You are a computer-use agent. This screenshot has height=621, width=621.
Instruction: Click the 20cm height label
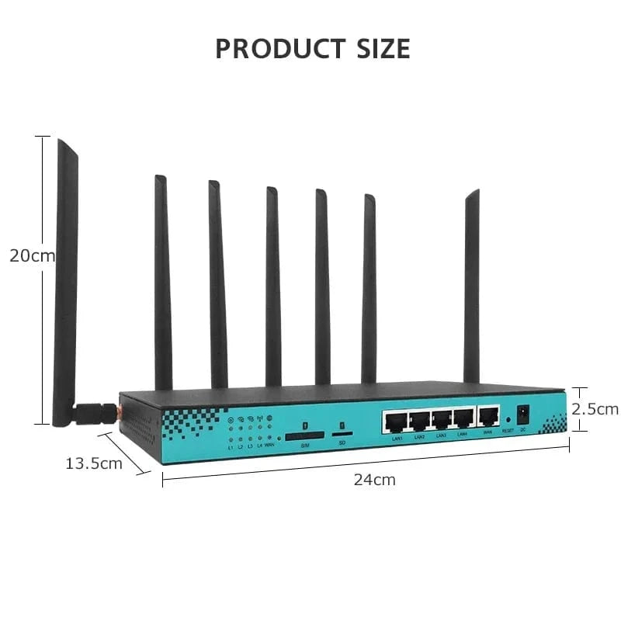click(x=31, y=255)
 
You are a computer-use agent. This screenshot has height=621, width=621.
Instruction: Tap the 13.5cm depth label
click(x=94, y=463)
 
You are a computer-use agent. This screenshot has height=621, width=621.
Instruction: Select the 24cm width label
click(x=374, y=480)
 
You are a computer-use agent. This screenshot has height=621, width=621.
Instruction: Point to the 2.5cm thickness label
click(x=595, y=408)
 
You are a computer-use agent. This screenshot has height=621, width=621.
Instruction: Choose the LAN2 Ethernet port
click(x=420, y=421)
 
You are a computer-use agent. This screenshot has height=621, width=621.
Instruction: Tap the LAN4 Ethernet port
click(x=463, y=419)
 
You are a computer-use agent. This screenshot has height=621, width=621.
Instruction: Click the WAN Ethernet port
click(x=488, y=418)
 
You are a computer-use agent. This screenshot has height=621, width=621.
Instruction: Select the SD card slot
click(x=342, y=436)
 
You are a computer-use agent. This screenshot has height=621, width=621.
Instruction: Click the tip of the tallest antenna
click(x=62, y=144)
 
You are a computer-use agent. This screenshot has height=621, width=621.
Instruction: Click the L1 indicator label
click(x=231, y=447)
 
